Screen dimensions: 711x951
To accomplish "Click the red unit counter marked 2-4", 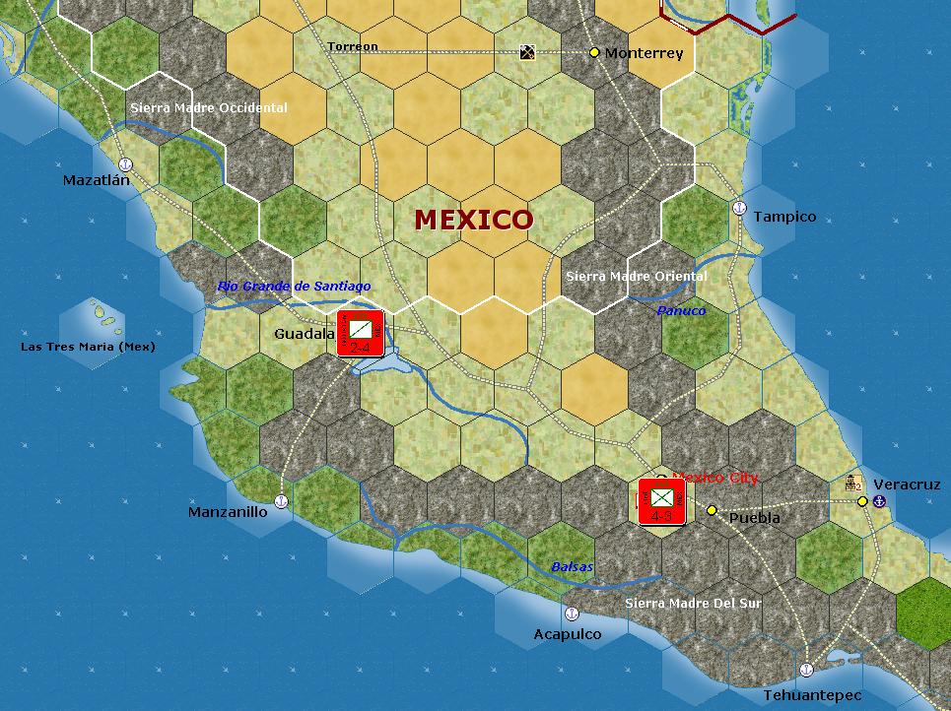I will pos(360,333).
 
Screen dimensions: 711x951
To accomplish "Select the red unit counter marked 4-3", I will pos(661,501).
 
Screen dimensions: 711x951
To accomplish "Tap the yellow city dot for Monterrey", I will pos(594,52).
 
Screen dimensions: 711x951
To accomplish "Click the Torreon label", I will pos(353,46).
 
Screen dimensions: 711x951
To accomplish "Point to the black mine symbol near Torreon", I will pos(528,51).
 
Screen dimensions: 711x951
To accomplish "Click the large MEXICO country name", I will pos(474,219).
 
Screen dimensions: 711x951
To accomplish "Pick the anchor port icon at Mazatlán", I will pos(125,164).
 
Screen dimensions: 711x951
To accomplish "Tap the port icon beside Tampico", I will pos(739,208).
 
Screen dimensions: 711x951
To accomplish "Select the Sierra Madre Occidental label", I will pos(209,107).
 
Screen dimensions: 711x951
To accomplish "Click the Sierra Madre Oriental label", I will pos(637,277).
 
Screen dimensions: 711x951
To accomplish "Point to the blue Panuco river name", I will pos(682,310).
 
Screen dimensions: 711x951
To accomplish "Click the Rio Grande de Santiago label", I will pos(295,286).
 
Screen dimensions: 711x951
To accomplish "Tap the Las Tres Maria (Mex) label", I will pos(88,347).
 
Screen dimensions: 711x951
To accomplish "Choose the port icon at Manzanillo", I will pos(281,502).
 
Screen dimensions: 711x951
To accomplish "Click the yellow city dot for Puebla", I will pos(712,510).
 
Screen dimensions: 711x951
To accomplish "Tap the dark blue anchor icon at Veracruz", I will pos(880,501).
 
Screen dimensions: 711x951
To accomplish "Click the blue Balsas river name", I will pos(573,567).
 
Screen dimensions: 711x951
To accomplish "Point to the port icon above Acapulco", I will pos(572,614).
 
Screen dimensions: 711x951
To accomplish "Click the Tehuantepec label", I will pos(812,695).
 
